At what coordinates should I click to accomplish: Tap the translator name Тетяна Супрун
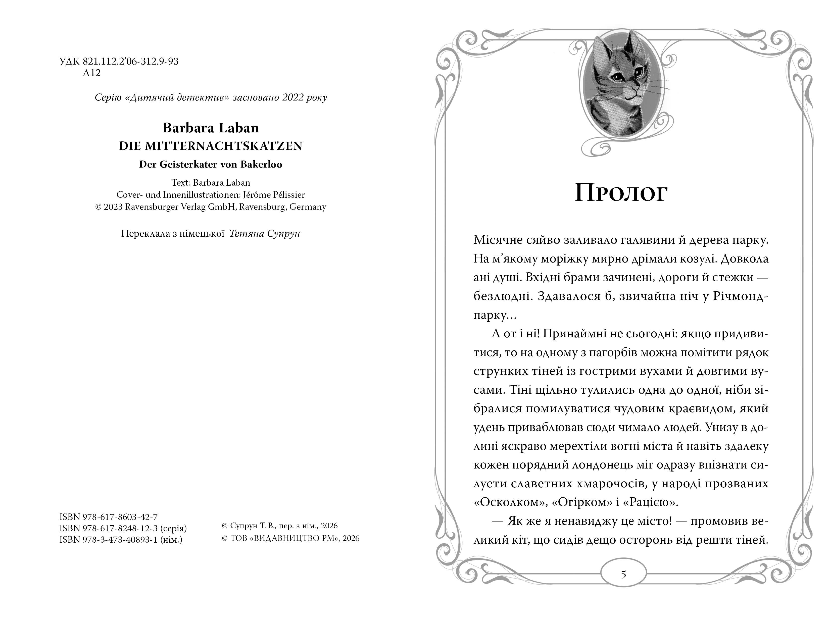[x=264, y=234]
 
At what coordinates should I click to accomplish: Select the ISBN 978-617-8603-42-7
[x=108, y=517]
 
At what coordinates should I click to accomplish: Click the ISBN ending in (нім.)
[x=120, y=540]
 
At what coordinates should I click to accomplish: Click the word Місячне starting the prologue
[x=498, y=240]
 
